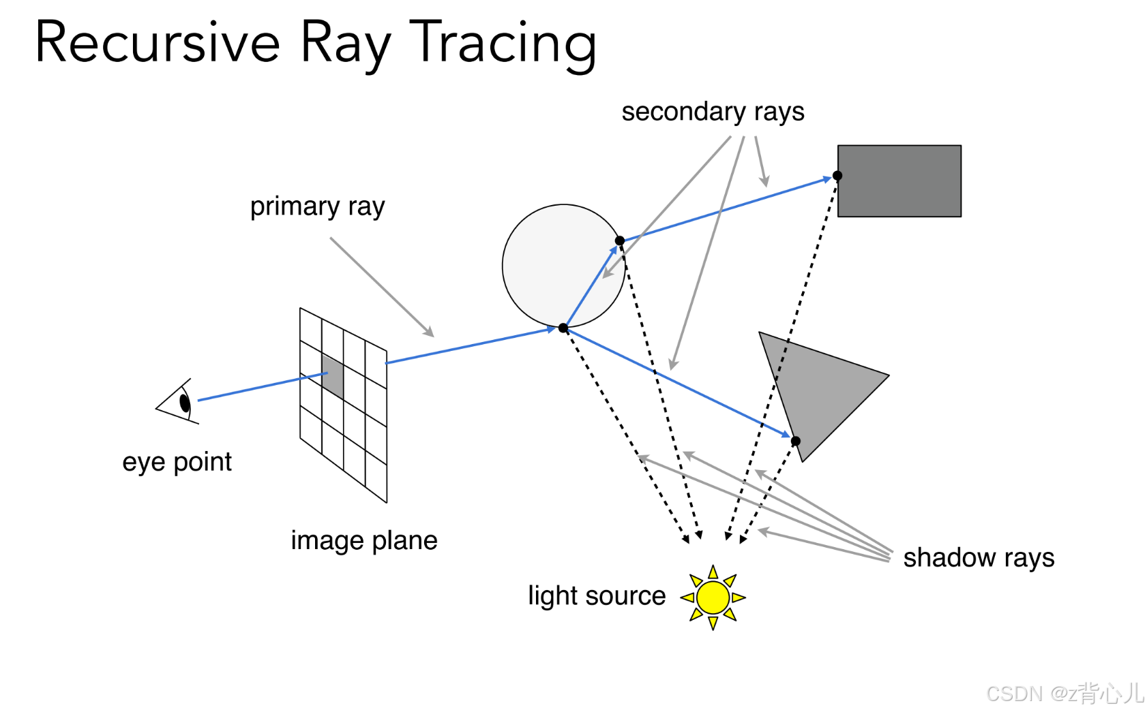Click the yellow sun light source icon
713,597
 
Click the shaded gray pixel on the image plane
333,376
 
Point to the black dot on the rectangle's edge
837,176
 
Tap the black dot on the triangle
795,441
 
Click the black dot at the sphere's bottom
563,328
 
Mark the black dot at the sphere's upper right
619,240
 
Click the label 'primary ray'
317,206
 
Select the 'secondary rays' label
713,112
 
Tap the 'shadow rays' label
979,558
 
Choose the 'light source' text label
597,596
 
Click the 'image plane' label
364,540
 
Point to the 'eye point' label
177,462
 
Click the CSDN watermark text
1064,694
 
